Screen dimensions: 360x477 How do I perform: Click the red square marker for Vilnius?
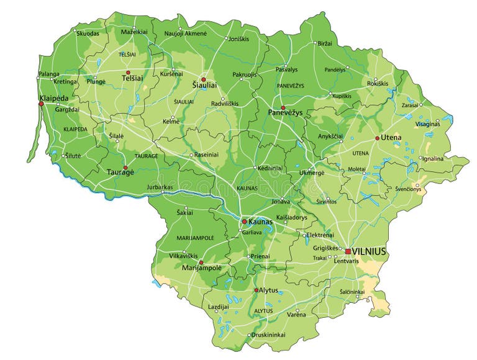348,251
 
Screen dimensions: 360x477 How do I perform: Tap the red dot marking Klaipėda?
41,104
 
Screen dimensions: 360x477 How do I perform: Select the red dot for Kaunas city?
244,221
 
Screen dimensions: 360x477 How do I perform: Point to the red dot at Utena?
377,138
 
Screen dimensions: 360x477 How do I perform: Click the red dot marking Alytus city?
256,290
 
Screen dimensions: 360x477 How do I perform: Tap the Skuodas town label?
88,33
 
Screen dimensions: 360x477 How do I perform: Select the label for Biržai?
324,43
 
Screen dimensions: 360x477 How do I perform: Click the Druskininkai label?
270,335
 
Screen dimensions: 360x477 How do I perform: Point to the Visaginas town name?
427,124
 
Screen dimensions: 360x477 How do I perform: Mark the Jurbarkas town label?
160,186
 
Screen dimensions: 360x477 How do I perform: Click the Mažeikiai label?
134,32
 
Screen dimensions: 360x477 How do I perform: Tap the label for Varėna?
296,315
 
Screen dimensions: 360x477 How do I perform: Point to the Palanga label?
49,74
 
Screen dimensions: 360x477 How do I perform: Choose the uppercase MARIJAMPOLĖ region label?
195,238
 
